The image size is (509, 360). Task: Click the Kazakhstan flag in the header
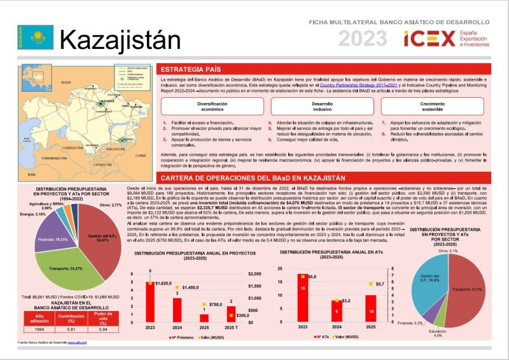coord(31,38)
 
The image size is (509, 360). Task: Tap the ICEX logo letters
coord(429,39)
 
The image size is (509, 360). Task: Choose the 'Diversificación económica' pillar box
coord(212,106)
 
